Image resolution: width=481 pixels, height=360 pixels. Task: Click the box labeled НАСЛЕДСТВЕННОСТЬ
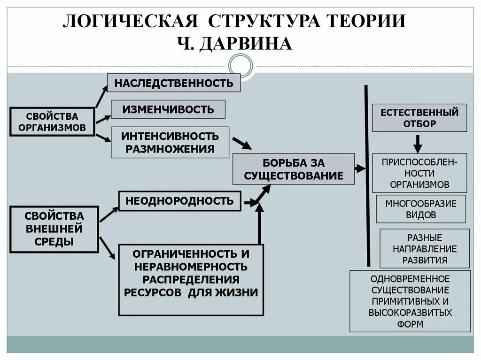[x=174, y=83]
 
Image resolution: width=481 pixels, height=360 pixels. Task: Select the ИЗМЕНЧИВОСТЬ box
[x=168, y=109]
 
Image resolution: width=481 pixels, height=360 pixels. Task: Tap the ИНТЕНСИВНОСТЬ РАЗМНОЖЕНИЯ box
[x=170, y=142]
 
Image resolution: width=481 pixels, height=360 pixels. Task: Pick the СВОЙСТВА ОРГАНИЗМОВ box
[x=52, y=122]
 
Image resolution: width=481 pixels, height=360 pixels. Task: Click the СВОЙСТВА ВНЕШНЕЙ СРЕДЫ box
[x=54, y=229]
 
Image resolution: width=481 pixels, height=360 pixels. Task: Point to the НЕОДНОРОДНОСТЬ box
[x=179, y=201]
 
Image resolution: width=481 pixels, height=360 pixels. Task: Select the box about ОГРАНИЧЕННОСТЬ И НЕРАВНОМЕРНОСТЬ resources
[x=191, y=280]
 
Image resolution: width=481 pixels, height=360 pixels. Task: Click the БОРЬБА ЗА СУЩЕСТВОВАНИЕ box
[x=294, y=169]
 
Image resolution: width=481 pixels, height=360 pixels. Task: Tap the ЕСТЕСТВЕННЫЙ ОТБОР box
[x=419, y=118]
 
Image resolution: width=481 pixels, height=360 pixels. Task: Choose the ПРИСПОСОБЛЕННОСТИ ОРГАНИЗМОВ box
[x=419, y=173]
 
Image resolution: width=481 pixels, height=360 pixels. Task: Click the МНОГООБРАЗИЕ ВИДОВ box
[x=421, y=209]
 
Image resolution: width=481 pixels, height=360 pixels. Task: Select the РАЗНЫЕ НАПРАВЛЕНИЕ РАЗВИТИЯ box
[x=424, y=248]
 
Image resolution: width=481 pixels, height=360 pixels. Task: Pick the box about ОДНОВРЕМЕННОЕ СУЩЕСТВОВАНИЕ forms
[x=410, y=300]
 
